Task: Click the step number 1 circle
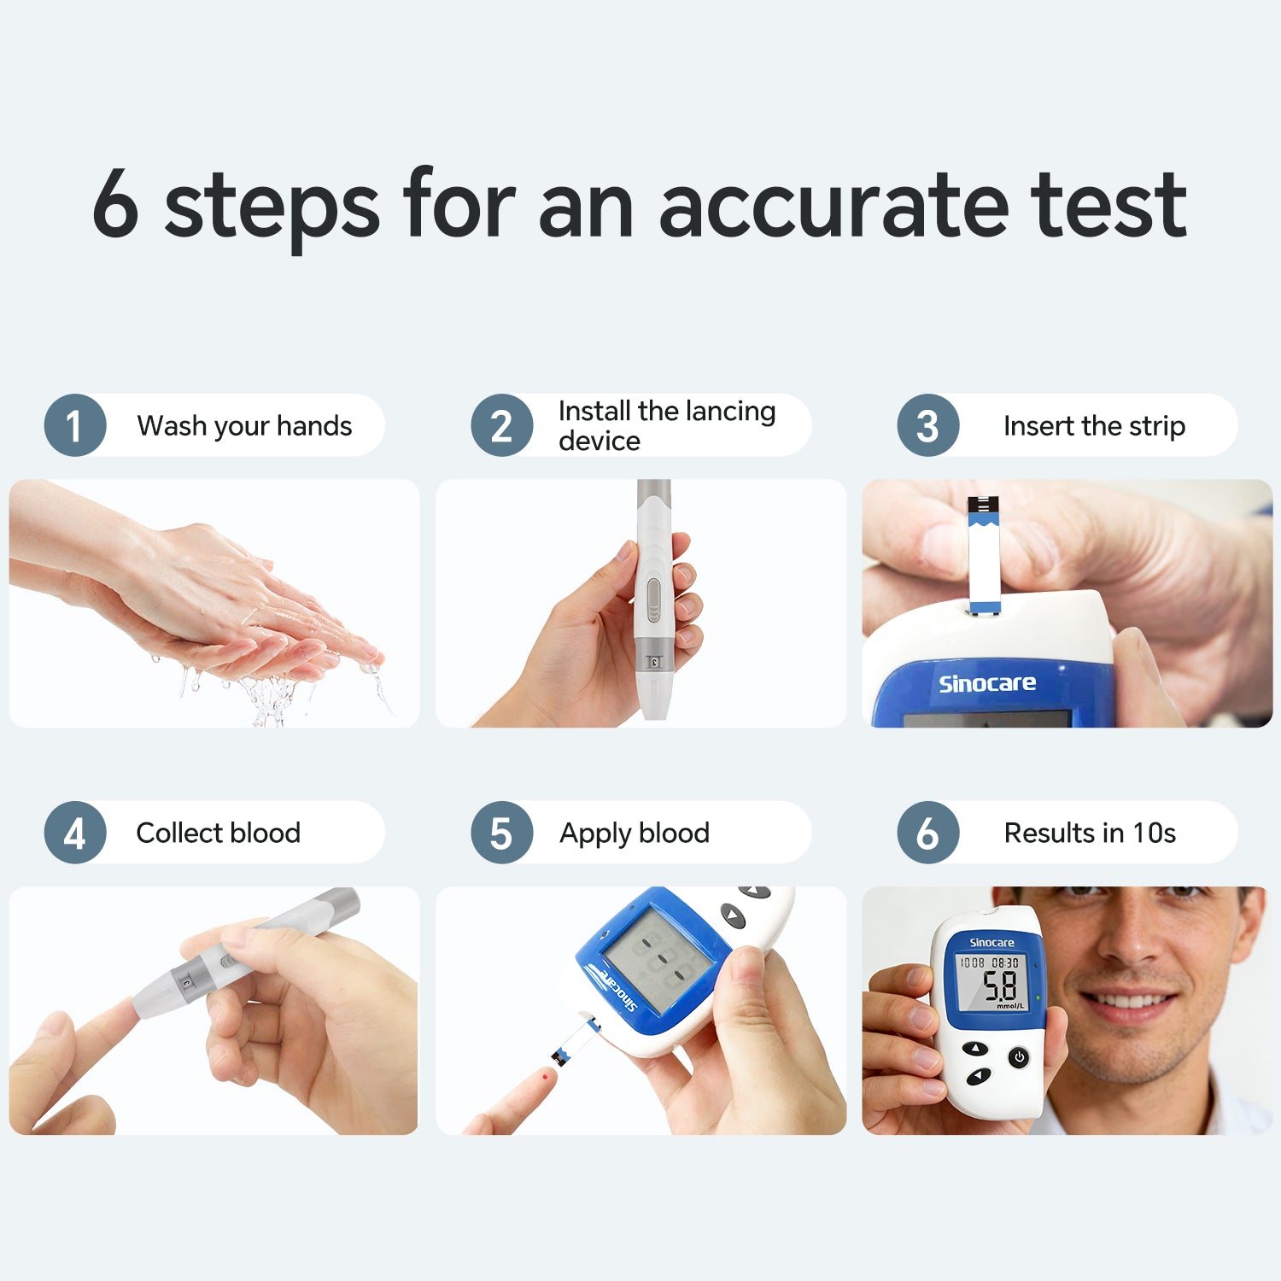point(75,425)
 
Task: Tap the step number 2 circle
point(502,425)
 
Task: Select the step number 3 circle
point(928,425)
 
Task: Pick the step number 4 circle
point(75,833)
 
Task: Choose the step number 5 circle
point(502,833)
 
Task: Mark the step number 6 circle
point(928,833)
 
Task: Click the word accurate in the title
point(834,206)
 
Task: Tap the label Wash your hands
point(244,426)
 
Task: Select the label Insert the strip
point(1095,426)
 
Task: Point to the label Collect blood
point(219,833)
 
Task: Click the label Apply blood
point(635,834)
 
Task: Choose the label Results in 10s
point(1090,833)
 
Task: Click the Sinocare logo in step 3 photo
point(987,683)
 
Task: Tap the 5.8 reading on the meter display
point(1000,986)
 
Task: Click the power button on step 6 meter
point(1018,1058)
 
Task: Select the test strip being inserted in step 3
point(984,553)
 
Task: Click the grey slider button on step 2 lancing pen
point(653,600)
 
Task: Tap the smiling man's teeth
point(1126,1000)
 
